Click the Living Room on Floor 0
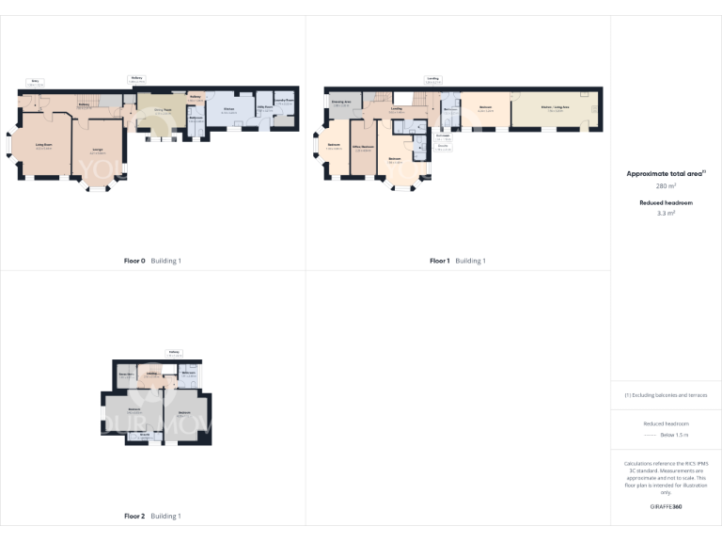(x=43, y=146)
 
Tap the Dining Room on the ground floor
(x=163, y=111)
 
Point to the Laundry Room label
(x=285, y=100)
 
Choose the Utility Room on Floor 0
(x=265, y=110)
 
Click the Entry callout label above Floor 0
(x=35, y=83)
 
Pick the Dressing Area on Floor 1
(x=341, y=103)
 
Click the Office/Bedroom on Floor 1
(x=364, y=149)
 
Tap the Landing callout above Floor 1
(x=432, y=80)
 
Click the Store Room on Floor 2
(x=124, y=375)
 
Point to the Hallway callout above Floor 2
(x=174, y=353)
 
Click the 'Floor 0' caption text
(x=135, y=261)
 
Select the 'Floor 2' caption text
(x=134, y=516)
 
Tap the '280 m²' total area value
(x=666, y=186)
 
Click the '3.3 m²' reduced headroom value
(x=666, y=214)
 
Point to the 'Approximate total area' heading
(x=664, y=174)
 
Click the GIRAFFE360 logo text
(x=666, y=506)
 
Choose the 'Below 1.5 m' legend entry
(x=675, y=436)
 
